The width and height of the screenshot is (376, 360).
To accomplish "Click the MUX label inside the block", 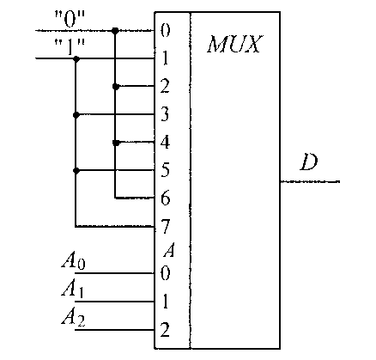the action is [234, 44].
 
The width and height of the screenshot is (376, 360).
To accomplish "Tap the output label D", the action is [309, 162].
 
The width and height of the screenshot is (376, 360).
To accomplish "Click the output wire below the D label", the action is [310, 181].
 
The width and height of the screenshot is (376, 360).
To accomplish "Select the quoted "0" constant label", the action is [70, 20].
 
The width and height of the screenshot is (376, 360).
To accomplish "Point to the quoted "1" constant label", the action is [70, 47].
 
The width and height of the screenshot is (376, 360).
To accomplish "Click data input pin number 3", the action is [165, 114].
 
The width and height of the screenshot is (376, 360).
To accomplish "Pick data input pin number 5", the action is [165, 170].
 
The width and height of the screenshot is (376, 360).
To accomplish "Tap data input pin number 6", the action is [165, 198].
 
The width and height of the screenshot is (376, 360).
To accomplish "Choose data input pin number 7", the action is [165, 226].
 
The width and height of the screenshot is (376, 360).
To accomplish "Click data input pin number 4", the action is [165, 142].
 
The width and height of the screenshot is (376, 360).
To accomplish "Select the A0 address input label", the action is [73, 262].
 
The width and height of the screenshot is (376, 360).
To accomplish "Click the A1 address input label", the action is [73, 290].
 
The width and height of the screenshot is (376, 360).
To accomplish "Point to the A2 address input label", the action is [73, 318].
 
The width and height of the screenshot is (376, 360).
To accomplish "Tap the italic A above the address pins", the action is [168, 251].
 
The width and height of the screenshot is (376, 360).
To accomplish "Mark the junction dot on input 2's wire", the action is [115, 86].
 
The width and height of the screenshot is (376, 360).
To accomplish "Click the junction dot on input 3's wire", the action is [76, 115].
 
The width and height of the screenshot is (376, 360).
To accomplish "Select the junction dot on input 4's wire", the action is [115, 143].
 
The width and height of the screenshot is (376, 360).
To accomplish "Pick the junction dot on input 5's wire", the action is [76, 171].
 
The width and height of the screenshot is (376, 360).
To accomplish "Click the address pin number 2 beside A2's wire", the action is [165, 329].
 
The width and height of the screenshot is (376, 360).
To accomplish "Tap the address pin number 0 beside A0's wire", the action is [165, 273].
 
